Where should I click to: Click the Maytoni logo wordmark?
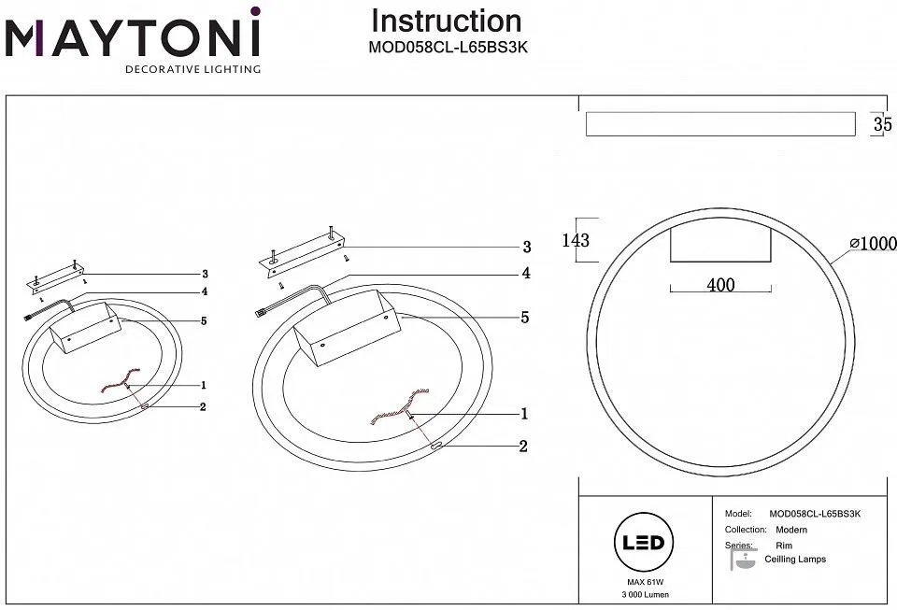pos(132,38)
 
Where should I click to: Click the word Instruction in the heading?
pos(447,21)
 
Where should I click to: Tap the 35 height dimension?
pos(882,125)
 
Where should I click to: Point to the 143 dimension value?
pos(577,240)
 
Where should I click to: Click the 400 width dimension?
pos(720,285)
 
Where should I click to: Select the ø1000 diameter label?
pos(873,243)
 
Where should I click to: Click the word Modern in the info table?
pos(791,530)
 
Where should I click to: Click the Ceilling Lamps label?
pos(795,560)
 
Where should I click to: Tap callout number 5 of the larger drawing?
pos(525,318)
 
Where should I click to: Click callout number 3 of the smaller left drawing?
pos(203,275)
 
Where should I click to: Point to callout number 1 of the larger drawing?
pos(525,413)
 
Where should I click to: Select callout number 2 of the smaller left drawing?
pos(203,406)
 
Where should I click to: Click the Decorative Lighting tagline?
pos(193,69)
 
